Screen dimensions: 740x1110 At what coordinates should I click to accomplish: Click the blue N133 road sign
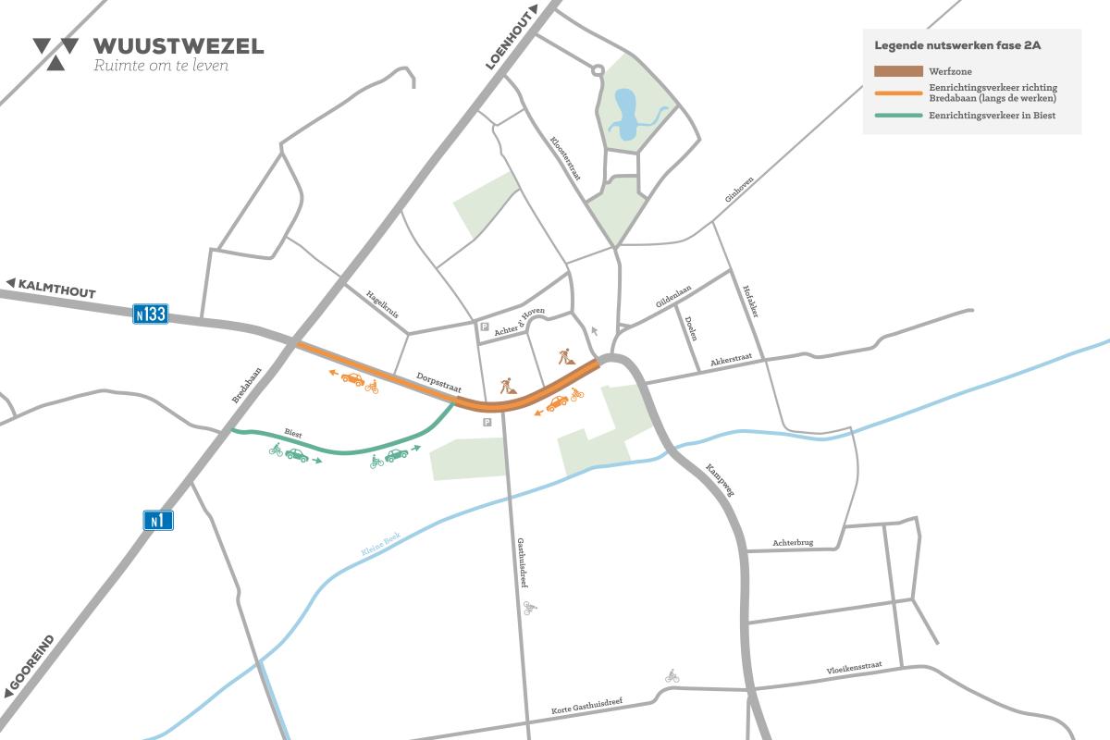point(150,314)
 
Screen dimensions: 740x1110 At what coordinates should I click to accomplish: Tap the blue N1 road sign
point(158,521)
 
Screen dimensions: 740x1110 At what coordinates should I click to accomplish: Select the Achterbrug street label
point(793,543)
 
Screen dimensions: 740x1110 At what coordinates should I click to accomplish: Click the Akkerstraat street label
point(734,362)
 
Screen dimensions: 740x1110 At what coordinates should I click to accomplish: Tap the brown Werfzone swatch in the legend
point(898,71)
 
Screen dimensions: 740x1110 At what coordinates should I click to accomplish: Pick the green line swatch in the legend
point(898,116)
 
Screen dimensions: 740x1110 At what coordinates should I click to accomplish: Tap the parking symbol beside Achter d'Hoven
point(484,327)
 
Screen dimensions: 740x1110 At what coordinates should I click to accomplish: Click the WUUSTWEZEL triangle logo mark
point(55,53)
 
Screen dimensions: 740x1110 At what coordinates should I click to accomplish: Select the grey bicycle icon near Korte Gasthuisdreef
point(672,677)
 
